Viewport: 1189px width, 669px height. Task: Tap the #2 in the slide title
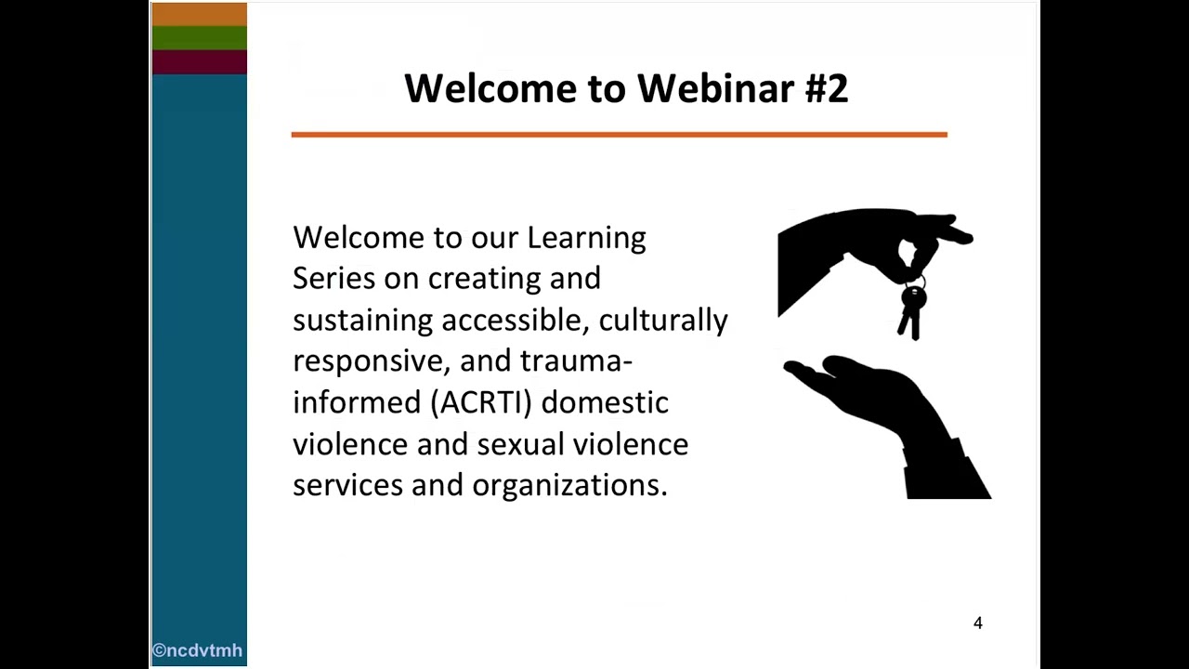(x=826, y=88)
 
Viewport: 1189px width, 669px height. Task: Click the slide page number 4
(x=977, y=623)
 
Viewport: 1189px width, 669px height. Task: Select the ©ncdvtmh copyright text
(x=198, y=650)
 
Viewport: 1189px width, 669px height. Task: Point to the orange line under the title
(x=619, y=135)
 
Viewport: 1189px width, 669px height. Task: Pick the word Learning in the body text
(x=586, y=238)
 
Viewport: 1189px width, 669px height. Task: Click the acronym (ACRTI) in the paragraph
(x=480, y=402)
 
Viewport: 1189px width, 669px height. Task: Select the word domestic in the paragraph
(x=605, y=402)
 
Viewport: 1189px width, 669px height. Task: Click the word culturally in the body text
(x=663, y=321)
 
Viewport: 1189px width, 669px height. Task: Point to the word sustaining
(x=362, y=321)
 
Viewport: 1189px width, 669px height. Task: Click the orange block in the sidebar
(x=199, y=14)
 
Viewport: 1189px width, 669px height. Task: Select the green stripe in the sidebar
(x=199, y=37)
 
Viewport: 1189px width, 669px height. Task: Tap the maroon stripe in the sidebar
(x=199, y=61)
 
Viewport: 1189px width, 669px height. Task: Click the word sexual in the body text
(x=520, y=444)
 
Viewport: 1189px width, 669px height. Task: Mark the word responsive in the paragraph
(x=371, y=361)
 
